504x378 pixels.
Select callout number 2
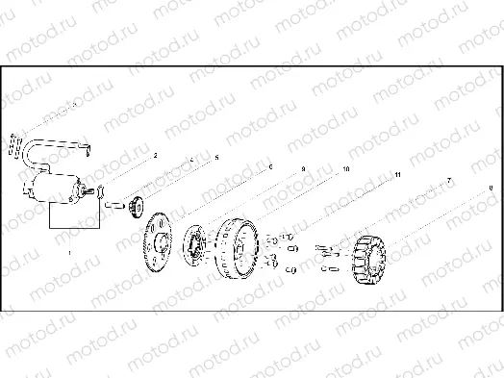click(154, 155)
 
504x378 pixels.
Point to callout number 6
click(270, 166)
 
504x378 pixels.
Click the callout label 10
click(346, 169)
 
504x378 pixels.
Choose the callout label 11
click(396, 176)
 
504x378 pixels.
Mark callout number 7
click(447, 181)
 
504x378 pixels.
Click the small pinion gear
click(139, 203)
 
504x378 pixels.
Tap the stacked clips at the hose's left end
click(13, 143)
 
